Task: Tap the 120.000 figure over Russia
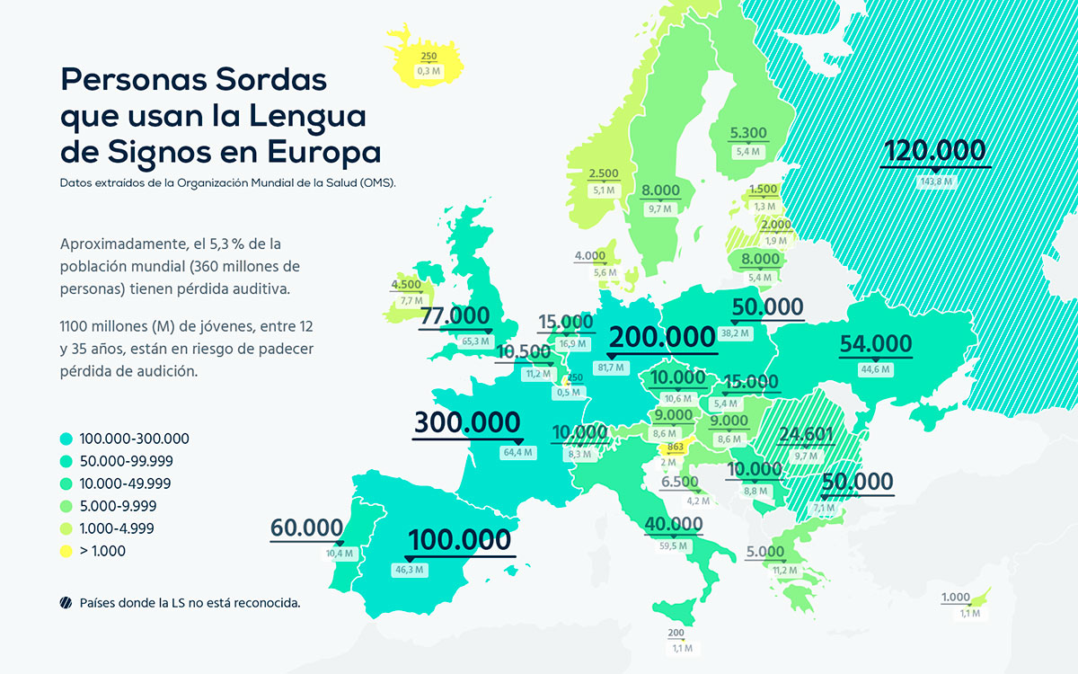point(935,151)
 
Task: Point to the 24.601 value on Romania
point(806,436)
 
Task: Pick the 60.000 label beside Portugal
point(307,528)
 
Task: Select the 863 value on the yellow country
point(676,447)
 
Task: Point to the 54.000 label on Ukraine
point(875,343)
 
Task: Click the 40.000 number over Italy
point(673,524)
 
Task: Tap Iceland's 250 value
point(429,57)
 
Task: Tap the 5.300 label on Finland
point(748,133)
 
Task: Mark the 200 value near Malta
point(676,634)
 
